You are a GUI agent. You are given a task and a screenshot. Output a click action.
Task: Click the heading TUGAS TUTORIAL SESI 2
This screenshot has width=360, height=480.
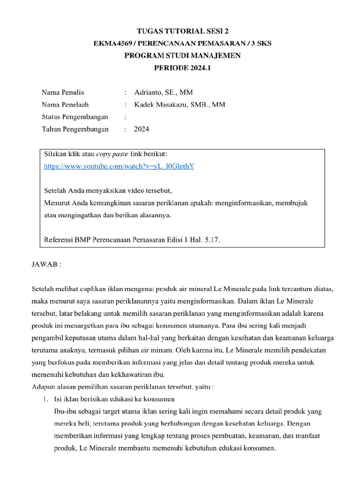click(x=182, y=31)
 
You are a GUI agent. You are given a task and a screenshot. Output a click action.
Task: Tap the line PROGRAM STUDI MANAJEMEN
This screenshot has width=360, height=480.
click(x=182, y=56)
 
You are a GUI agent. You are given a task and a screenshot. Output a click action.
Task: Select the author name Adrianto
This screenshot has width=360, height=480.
click(x=149, y=92)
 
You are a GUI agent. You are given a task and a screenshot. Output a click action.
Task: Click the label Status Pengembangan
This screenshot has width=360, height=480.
click(x=75, y=117)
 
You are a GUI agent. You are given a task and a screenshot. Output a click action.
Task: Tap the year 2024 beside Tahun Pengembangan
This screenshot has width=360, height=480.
click(x=142, y=129)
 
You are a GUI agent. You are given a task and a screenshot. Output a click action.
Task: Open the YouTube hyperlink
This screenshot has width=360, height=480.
click(x=119, y=166)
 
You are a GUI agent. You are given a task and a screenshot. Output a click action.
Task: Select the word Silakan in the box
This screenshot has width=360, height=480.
click(x=55, y=154)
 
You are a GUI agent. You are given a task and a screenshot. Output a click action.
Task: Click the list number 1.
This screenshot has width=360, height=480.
click(x=45, y=399)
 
